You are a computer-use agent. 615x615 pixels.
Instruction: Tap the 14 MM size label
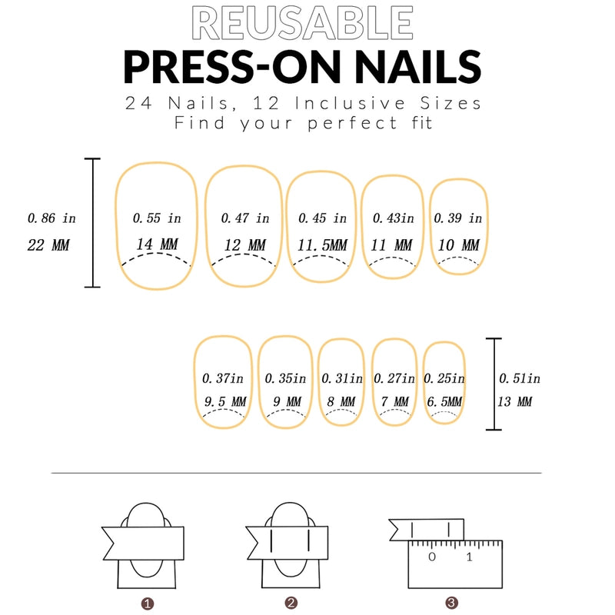click(157, 245)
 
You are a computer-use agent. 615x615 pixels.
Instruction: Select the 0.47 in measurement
click(245, 219)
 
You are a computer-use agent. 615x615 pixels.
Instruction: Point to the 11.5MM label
click(322, 245)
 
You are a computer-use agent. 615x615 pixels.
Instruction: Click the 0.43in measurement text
click(393, 219)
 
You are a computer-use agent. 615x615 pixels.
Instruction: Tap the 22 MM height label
click(48, 246)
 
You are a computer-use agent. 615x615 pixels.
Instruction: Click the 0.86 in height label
click(52, 219)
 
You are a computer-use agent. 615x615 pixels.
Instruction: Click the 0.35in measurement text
click(285, 379)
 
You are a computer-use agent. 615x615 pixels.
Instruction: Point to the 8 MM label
click(341, 402)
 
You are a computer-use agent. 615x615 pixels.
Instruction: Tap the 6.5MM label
click(444, 402)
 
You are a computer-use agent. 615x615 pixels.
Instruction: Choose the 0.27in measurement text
click(393, 379)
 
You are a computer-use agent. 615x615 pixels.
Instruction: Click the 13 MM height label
click(515, 402)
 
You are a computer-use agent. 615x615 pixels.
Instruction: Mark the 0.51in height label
click(520, 378)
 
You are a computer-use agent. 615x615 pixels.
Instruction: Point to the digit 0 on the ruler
click(432, 557)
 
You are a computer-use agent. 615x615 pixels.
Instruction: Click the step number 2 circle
click(290, 603)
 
